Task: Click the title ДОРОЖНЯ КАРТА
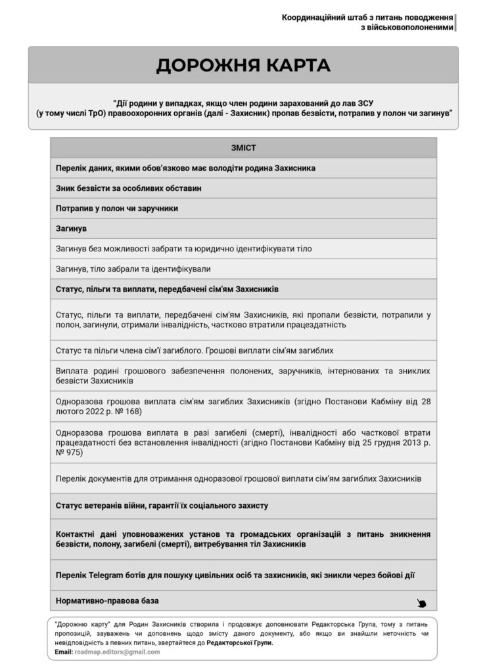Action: [x=243, y=66]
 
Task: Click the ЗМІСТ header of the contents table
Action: [x=243, y=148]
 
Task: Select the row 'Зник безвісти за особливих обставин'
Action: [x=129, y=188]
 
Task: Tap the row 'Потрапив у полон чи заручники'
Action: [x=118, y=208]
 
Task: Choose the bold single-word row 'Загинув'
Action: [x=72, y=228]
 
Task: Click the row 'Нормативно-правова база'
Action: [x=108, y=600]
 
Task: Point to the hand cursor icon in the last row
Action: [x=421, y=603]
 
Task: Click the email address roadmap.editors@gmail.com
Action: [x=118, y=652]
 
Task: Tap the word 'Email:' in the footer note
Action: [x=64, y=652]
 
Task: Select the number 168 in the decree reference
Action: [x=131, y=411]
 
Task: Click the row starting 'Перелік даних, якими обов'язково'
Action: [x=186, y=168]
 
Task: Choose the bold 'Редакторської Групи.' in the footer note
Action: [x=239, y=643]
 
